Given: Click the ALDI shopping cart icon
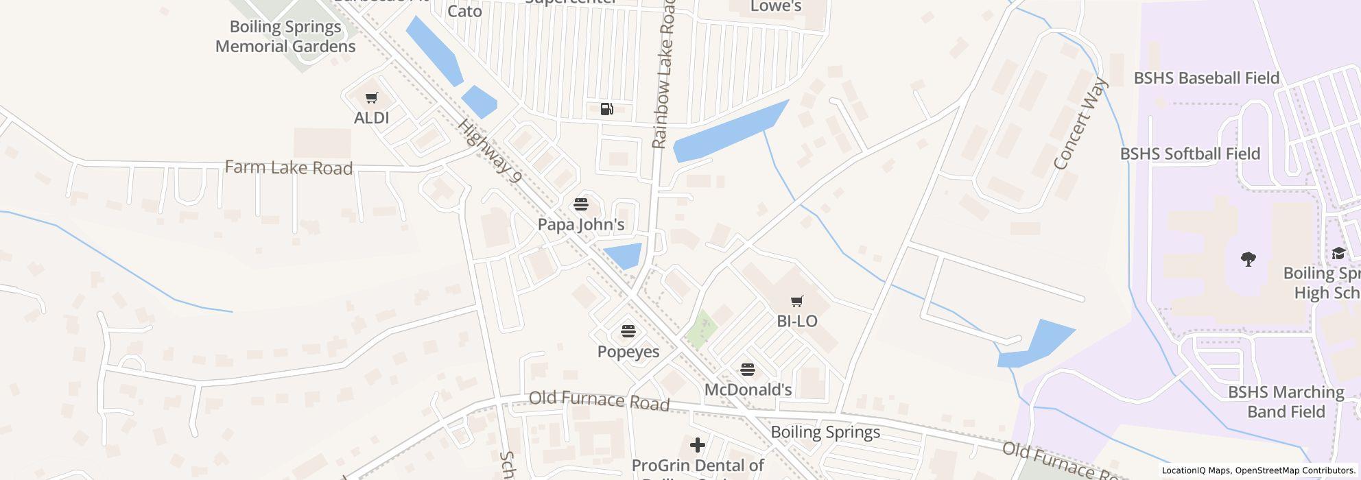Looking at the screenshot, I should pos(371,98).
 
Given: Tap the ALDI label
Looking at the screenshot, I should pos(371,118).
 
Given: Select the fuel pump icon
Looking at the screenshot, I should pos(606,108).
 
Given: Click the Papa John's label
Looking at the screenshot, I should pos(580,224).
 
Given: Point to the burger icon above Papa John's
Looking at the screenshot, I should pos(580,204).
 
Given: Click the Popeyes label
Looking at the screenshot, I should pos(628,352).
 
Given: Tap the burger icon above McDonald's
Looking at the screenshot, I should pos(748,370).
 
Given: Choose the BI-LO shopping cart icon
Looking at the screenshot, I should pos(796,301).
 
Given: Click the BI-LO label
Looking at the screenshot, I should pos(796,321).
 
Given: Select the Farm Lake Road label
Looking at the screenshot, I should pos(289,168).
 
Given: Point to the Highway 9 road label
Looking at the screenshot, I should pos(490,152).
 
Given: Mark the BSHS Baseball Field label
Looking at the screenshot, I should pos(1206,78).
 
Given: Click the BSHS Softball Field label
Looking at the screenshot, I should pos(1190,154).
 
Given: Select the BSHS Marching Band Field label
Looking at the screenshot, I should pos(1286,402).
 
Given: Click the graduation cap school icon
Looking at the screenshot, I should pos(1338,254).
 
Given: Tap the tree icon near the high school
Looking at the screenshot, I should pos(1248,259).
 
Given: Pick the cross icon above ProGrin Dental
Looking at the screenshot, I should pos(697,445).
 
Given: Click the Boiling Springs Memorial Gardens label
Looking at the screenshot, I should pos(285,36).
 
